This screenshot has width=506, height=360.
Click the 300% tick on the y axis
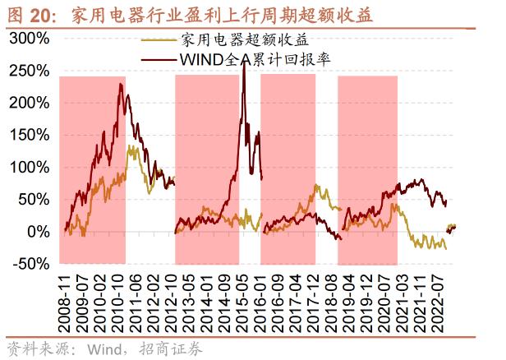point(30,39)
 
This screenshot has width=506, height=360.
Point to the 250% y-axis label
point(30,71)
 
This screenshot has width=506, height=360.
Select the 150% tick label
point(30,135)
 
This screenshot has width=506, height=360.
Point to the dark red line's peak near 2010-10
point(121,85)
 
